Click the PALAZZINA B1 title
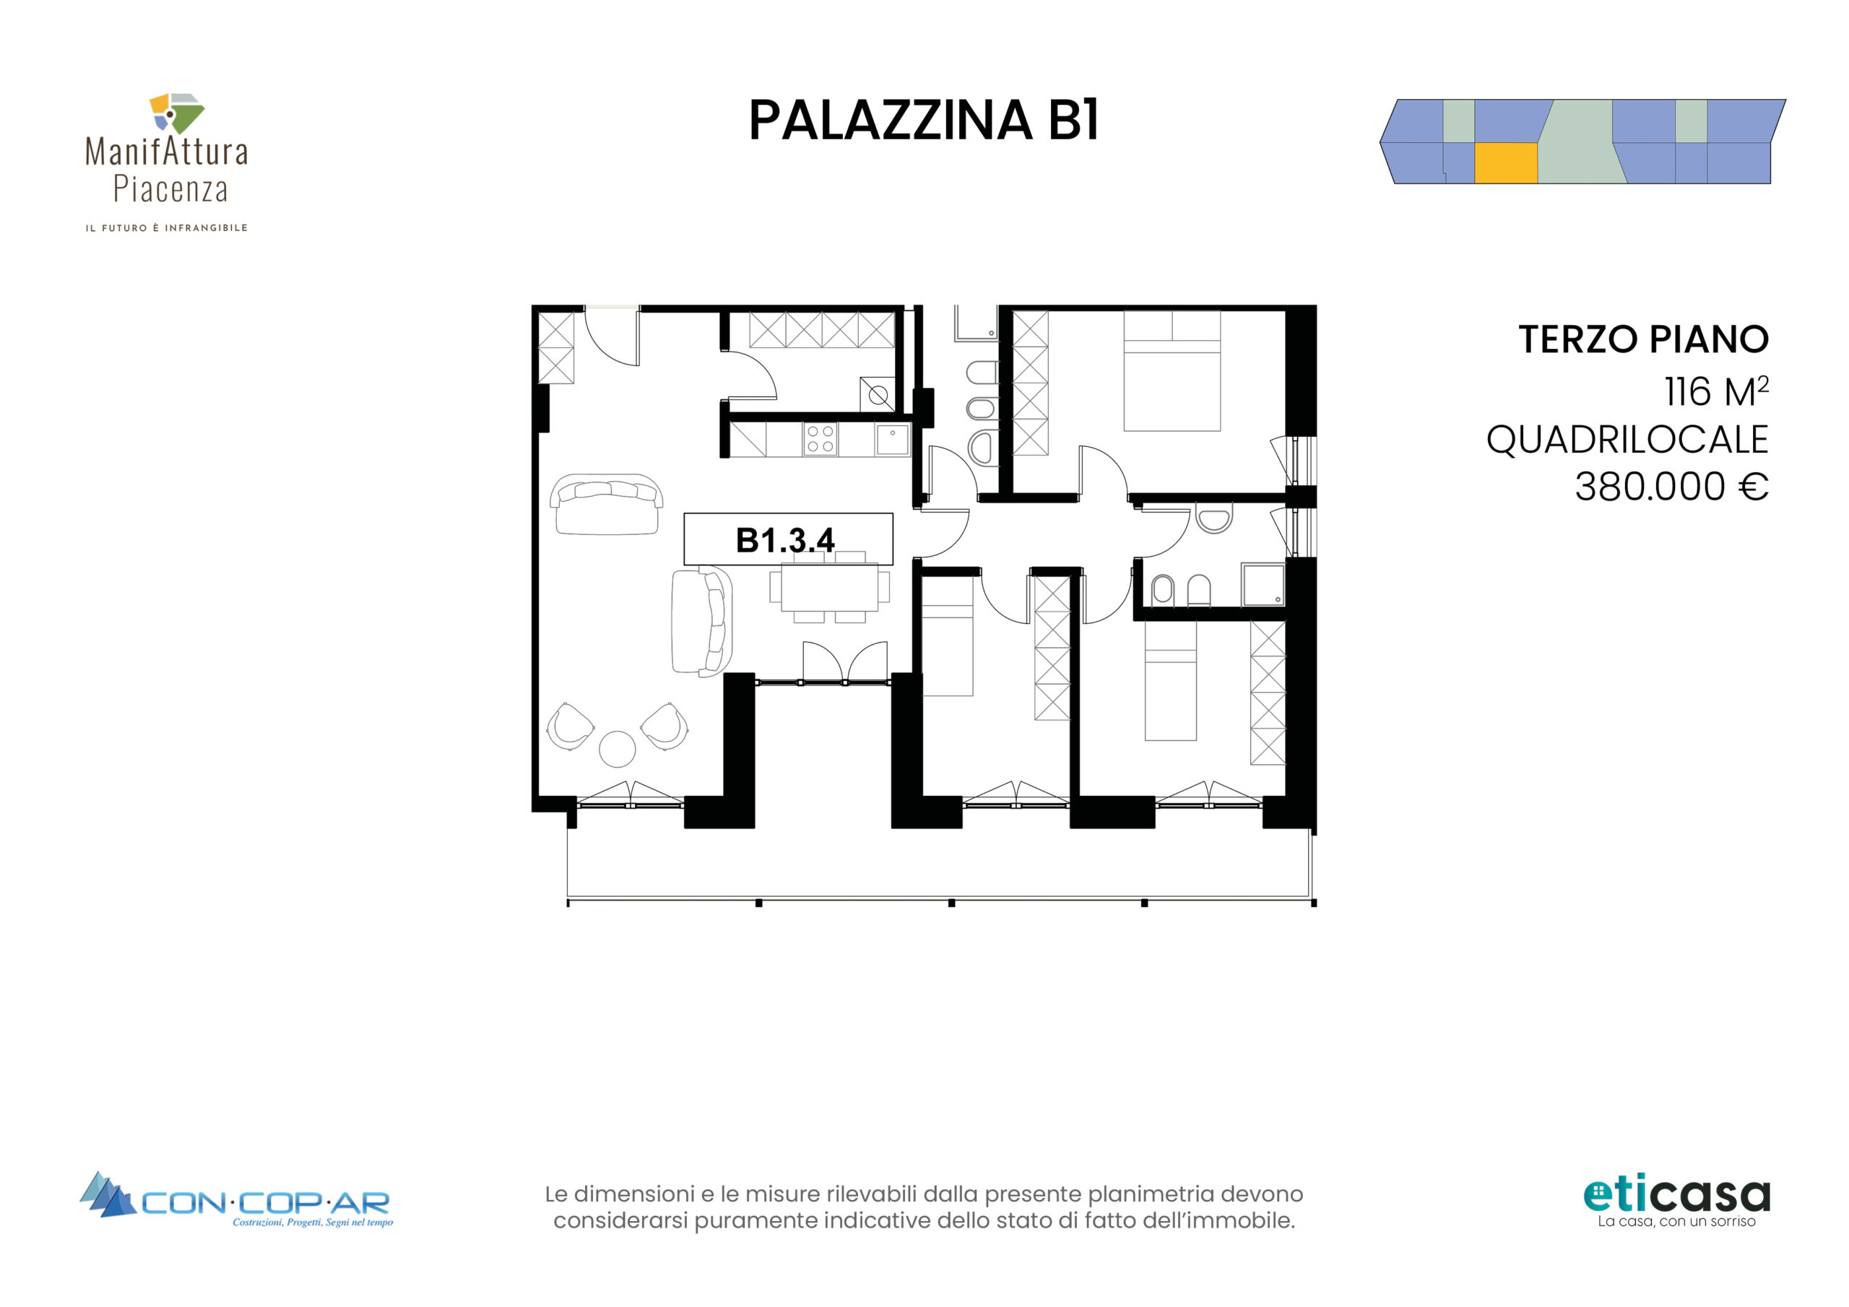(924, 121)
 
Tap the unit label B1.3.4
(785, 539)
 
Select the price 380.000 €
(1671, 487)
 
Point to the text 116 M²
(1716, 391)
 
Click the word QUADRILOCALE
(1627, 440)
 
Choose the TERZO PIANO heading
(1643, 339)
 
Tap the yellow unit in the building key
(1506, 163)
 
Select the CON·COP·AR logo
(236, 1199)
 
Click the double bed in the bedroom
(1172, 371)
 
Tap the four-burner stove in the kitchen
(820, 439)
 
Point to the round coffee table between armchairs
(617, 749)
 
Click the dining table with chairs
(829, 587)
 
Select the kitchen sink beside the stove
(892, 440)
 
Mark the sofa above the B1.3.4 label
(607, 504)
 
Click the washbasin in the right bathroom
(1213, 518)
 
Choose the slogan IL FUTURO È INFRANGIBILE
(167, 228)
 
